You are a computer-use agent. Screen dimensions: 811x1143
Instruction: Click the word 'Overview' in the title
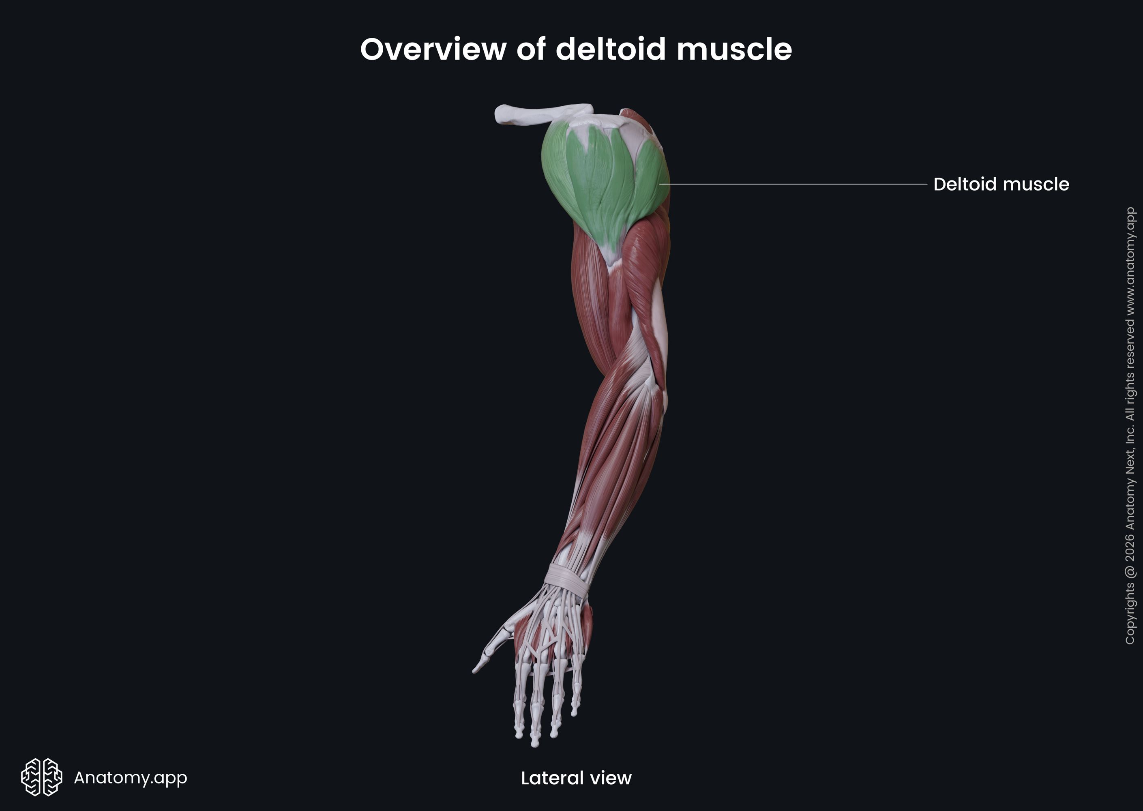coord(433,49)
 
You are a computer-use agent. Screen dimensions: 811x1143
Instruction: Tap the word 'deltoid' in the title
coord(611,49)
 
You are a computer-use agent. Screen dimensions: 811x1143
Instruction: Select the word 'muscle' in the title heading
coord(734,49)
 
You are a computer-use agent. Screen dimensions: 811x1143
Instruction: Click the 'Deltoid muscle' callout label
coord(1001,184)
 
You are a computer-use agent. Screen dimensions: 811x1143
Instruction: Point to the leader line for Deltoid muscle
coord(794,184)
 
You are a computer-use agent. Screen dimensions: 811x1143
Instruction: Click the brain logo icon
coord(41,777)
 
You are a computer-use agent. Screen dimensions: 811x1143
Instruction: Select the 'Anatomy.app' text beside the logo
coord(130,777)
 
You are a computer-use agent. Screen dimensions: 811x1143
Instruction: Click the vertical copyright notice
coord(1130,425)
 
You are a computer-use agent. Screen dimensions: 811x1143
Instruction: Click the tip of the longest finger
coord(535,744)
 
